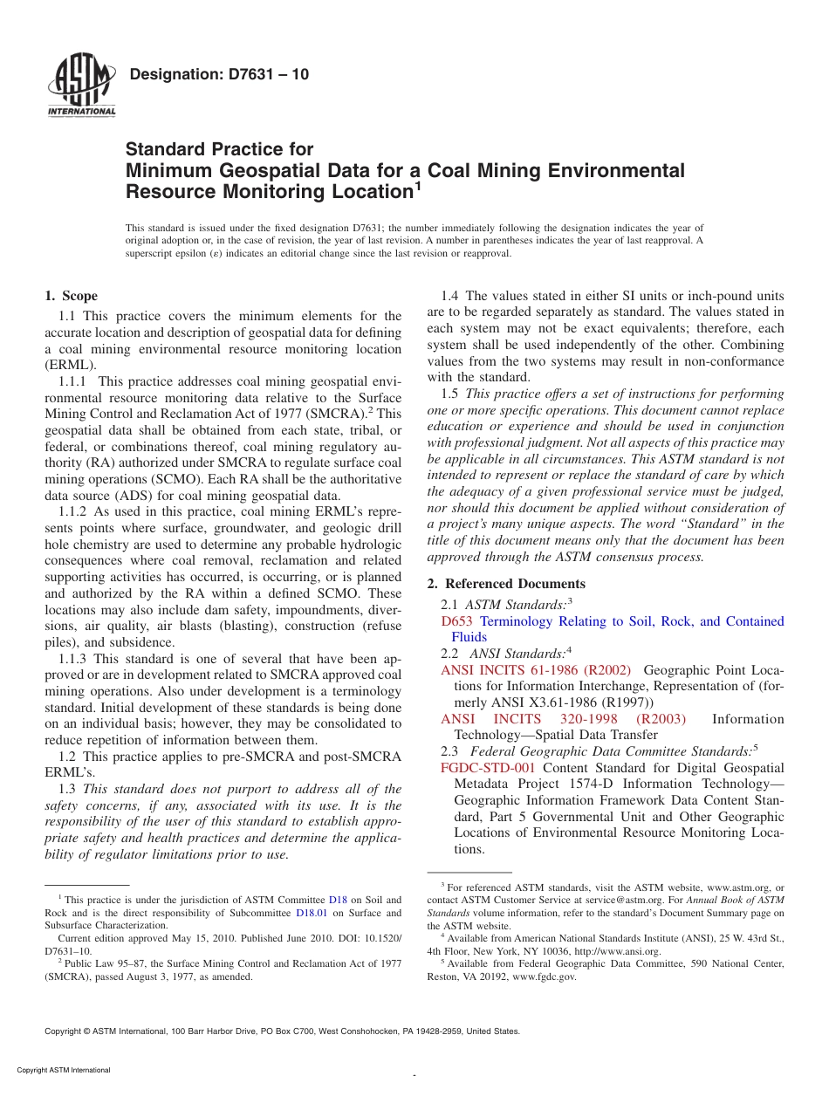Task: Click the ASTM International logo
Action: click(x=81, y=86)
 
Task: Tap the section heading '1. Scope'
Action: click(x=71, y=296)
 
